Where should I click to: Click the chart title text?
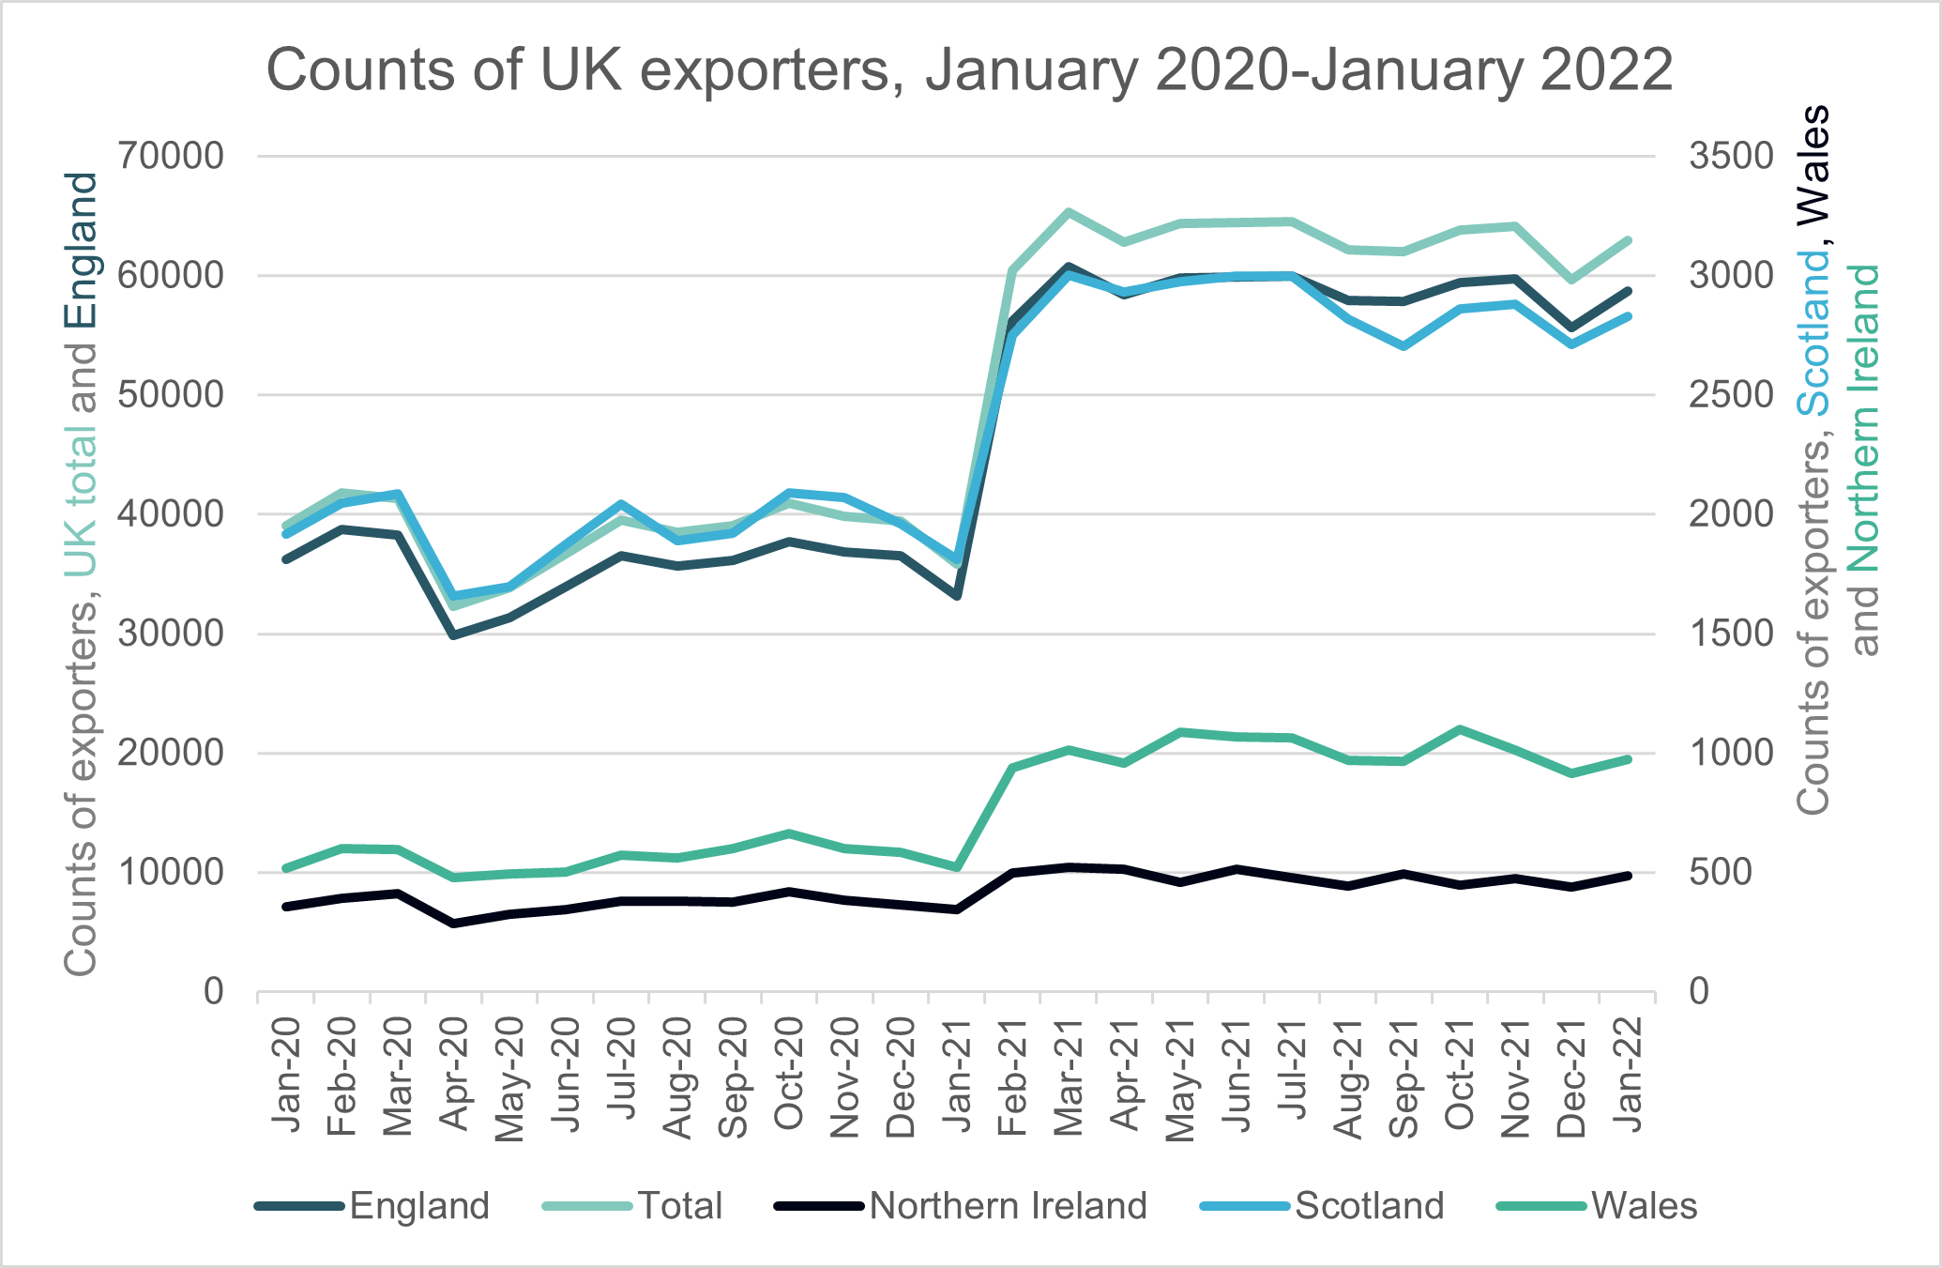969,69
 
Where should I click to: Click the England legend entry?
418,1206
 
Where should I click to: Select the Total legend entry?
679,1206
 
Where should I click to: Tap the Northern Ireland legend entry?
1008,1206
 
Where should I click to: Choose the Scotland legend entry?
1369,1206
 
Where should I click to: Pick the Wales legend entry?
1644,1206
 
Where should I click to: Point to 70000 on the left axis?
172,156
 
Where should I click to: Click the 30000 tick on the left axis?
172,634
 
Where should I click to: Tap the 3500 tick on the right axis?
1731,156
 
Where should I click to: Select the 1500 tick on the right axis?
1731,634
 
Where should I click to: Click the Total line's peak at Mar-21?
1069,212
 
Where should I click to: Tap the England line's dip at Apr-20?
454,635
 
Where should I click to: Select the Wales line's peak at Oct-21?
1460,729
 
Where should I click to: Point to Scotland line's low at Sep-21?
1403,346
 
